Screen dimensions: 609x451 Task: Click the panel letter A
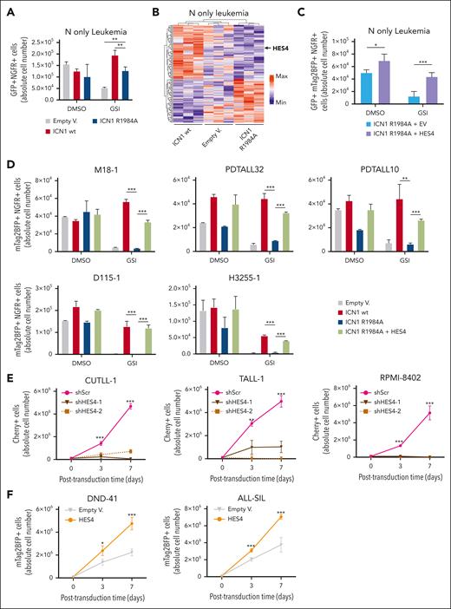click(x=8, y=10)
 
